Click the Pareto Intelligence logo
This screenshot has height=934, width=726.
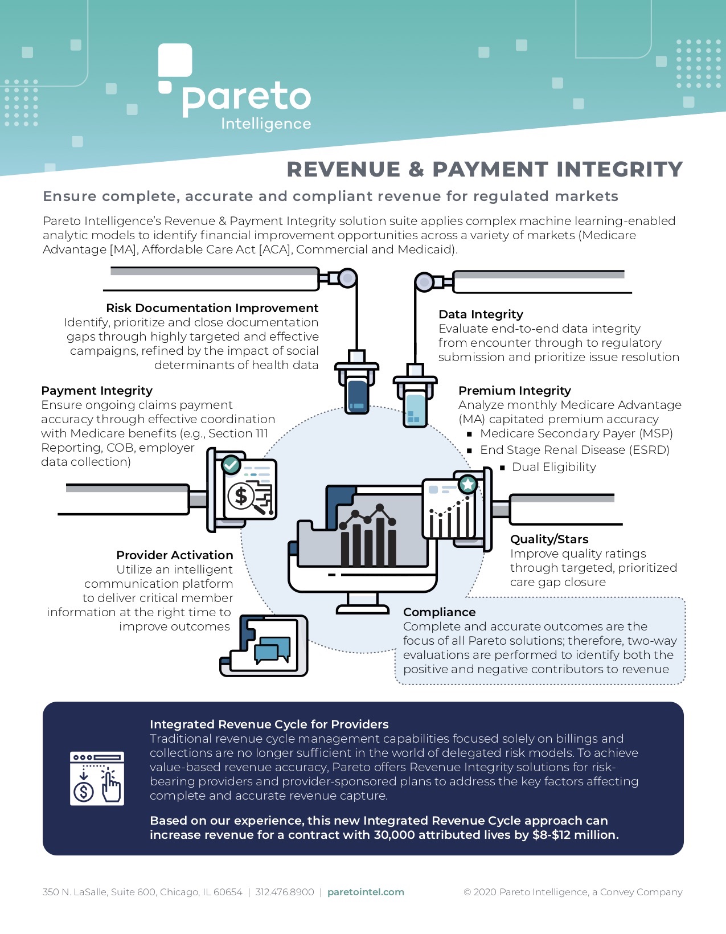pyautogui.click(x=235, y=88)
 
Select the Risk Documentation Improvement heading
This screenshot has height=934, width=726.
pyautogui.click(x=212, y=308)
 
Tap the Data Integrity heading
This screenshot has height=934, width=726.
pyautogui.click(x=481, y=314)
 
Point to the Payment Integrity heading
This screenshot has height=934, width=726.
pyautogui.click(x=97, y=391)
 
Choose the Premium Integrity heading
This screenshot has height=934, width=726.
pyautogui.click(x=514, y=391)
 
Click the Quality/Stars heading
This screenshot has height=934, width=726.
pyautogui.click(x=549, y=539)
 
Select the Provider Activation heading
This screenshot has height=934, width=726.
pyautogui.click(x=174, y=555)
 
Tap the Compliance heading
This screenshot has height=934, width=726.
pyautogui.click(x=439, y=612)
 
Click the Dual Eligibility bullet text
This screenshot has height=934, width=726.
pyautogui.click(x=553, y=467)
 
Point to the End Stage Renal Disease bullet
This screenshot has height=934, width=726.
pyautogui.click(x=574, y=450)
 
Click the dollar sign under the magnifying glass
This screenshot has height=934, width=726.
pyautogui.click(x=241, y=495)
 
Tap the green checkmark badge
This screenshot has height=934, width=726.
pyautogui.click(x=231, y=465)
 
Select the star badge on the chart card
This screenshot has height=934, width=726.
pyautogui.click(x=467, y=485)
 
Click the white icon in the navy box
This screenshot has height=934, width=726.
pyautogui.click(x=97, y=779)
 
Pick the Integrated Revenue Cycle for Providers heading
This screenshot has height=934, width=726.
pyautogui.click(x=269, y=724)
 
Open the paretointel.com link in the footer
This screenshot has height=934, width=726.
pyautogui.click(x=366, y=892)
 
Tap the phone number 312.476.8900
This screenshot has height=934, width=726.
pyautogui.click(x=285, y=892)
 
